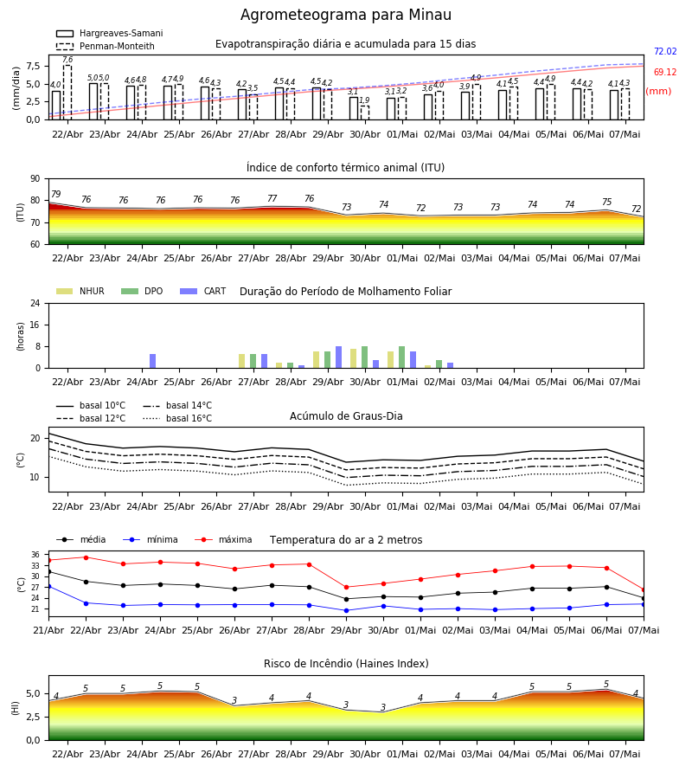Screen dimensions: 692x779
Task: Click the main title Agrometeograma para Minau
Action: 345,15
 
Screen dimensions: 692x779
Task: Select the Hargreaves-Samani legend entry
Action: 109,33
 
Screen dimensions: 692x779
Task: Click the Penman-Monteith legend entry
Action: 106,46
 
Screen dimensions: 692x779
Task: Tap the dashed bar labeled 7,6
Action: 67,93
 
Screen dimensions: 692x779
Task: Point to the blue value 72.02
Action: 665,51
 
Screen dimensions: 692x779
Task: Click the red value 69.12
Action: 665,72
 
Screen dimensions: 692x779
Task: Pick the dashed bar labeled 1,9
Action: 365,113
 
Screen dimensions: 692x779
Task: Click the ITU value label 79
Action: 56,194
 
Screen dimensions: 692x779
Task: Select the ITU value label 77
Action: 272,198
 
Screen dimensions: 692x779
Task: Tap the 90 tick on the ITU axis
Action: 35,179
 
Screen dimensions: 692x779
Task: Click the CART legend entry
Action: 203,291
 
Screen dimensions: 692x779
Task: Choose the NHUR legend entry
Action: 80,291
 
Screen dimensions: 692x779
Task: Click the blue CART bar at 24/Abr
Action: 153,361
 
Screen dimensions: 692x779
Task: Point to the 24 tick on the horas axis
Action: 35,303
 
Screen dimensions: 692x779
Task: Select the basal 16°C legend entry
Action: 177,418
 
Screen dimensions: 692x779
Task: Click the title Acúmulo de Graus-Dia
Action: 346,415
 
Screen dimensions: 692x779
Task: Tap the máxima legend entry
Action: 223,539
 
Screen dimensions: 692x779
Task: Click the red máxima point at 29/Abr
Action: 347,587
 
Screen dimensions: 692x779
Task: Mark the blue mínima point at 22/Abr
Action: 86,603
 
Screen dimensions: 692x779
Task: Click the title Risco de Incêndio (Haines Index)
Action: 346,663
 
